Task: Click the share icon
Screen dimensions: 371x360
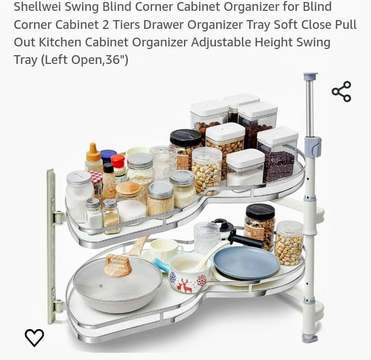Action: tap(342, 92)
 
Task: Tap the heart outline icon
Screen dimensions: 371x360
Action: tap(35, 337)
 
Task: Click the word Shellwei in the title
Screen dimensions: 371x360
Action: tap(38, 6)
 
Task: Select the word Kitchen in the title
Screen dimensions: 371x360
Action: tap(60, 42)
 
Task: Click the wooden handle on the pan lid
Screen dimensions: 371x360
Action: tap(117, 265)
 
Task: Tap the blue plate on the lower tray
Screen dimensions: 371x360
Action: tap(246, 263)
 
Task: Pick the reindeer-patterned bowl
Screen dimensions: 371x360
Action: tap(189, 272)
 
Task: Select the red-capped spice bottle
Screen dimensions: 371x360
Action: tap(118, 167)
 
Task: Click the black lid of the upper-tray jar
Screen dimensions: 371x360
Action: tap(185, 137)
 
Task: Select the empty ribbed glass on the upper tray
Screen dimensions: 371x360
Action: tap(163, 160)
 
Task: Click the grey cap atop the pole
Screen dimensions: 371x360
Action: tap(310, 77)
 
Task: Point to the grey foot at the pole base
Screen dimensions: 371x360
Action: tap(310, 338)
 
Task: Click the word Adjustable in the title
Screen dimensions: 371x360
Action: tap(221, 43)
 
